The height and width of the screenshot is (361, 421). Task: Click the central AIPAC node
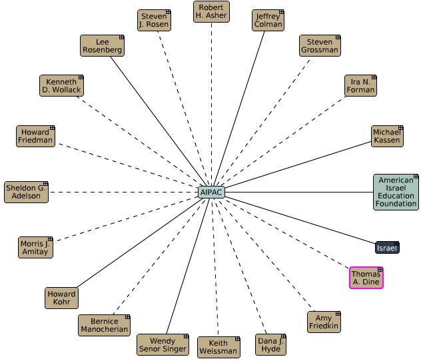pos(211,192)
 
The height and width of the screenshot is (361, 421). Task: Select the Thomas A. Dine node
pos(366,277)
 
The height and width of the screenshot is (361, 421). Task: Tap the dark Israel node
pos(386,248)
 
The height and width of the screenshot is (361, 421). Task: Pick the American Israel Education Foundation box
pos(396,192)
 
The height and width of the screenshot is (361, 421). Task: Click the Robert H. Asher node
pos(211,12)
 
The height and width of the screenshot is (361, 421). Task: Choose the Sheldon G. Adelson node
pos(26,192)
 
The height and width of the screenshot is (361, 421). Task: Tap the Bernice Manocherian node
pos(103,326)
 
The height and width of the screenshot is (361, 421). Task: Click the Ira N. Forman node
pos(360,86)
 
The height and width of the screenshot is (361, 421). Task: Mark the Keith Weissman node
pos(217,347)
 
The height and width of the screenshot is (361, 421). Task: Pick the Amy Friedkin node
pos(324,322)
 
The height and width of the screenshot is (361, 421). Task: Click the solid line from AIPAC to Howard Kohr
pos(140,242)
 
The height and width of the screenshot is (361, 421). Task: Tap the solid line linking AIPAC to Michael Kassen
pos(298,165)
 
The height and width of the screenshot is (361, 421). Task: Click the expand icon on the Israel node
pos(396,244)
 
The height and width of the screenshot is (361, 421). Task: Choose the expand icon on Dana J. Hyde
pos(284,336)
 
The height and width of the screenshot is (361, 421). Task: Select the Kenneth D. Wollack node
pos(61,86)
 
